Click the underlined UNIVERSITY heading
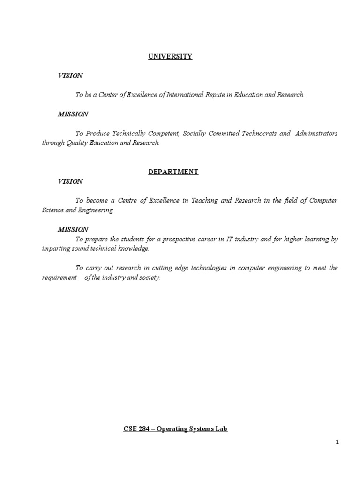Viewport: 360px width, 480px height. click(170, 56)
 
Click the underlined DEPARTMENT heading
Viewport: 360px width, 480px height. click(173, 172)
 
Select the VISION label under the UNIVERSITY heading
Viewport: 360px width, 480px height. click(70, 75)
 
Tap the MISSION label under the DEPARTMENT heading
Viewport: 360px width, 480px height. click(73, 229)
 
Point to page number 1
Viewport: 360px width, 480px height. click(337, 442)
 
